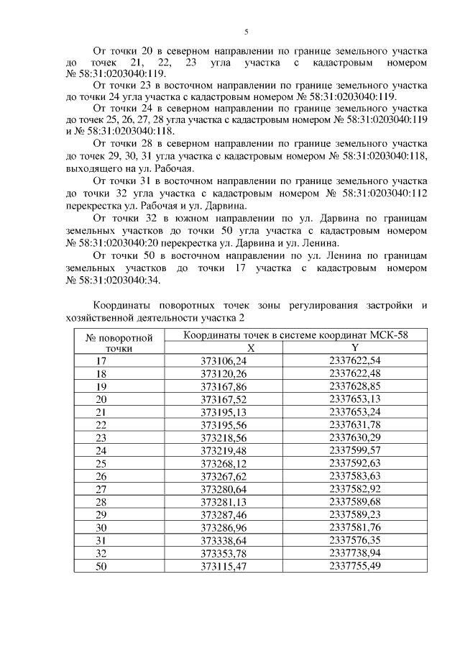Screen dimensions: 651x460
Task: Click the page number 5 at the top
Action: (x=246, y=32)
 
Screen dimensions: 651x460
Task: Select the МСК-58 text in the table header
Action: (x=391, y=334)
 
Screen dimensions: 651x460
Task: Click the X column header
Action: (x=230, y=347)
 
